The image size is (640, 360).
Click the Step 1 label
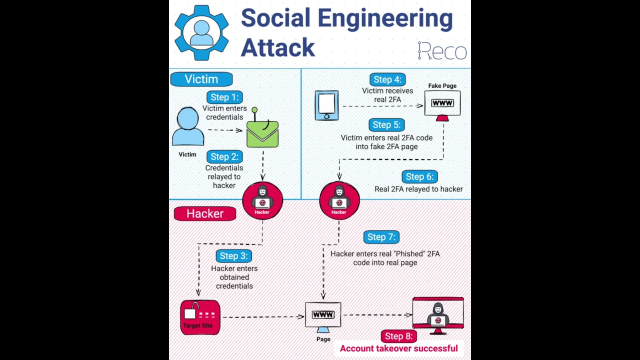coord(224,97)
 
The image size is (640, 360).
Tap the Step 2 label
coord(224,156)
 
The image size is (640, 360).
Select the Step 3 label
coord(233,256)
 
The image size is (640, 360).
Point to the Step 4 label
coord(387,79)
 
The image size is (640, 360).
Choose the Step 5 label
coord(386,125)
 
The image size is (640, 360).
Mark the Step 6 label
coord(419,176)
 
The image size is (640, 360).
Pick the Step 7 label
coord(381,237)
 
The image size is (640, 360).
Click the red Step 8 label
coord(398,336)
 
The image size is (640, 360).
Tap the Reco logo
coord(442,50)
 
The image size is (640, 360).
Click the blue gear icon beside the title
coord(201,33)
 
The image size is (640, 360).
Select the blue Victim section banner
coord(201,79)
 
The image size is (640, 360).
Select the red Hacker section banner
coord(205,214)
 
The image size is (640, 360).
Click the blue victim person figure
coord(188,127)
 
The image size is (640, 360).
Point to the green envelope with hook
coord(262,132)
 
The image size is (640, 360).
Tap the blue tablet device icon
coord(326,105)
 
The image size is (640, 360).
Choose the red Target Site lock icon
coord(200,317)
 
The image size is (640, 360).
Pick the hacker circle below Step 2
coord(262,201)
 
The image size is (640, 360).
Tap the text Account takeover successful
coord(398,348)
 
